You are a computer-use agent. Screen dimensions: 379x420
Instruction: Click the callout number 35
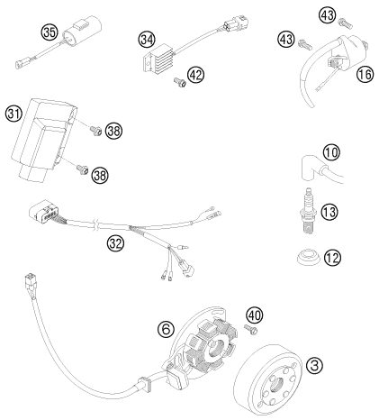(50, 32)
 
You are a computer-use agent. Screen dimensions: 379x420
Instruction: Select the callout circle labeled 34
(147, 39)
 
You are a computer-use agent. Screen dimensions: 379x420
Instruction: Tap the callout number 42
(195, 75)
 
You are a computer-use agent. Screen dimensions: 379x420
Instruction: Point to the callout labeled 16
(365, 74)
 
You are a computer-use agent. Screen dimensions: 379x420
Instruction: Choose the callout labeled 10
(332, 152)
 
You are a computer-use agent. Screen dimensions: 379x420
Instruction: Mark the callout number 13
(329, 212)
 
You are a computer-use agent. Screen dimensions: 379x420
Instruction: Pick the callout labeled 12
(332, 258)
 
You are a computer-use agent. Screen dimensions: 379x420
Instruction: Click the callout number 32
(115, 243)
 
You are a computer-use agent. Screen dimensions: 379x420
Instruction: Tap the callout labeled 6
(166, 329)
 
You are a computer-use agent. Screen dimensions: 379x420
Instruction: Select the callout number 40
(255, 315)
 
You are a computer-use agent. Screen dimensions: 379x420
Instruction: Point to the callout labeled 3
(314, 366)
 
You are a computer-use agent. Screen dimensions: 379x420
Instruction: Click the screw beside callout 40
(251, 330)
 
